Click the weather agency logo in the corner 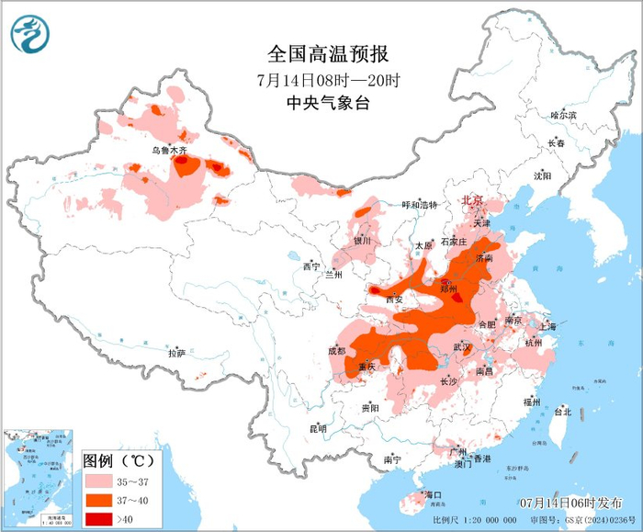coord(30,34)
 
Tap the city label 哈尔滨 coord(562,116)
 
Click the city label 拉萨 coord(177,352)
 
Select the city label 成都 coord(335,350)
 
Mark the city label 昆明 coord(318,428)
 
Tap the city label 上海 coord(548,325)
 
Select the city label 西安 coord(394,300)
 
